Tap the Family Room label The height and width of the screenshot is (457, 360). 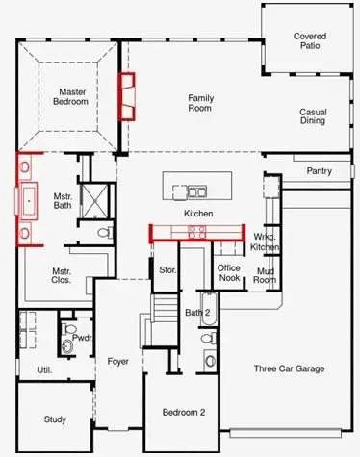(200, 103)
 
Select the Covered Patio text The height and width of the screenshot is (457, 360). (310, 41)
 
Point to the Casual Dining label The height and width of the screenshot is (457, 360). (313, 117)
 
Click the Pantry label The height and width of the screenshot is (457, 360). (319, 171)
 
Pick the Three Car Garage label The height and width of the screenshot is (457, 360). (288, 368)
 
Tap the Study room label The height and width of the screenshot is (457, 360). (55, 419)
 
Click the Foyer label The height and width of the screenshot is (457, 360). (118, 362)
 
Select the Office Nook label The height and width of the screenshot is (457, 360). (229, 273)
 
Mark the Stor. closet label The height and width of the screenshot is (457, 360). (167, 270)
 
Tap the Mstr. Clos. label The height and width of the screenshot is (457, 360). (63, 277)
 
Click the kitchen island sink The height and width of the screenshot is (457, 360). (196, 189)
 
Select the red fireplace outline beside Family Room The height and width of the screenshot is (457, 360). (125, 95)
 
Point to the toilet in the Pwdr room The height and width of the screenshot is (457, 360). (68, 343)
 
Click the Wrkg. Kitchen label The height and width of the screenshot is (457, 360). (265, 242)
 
